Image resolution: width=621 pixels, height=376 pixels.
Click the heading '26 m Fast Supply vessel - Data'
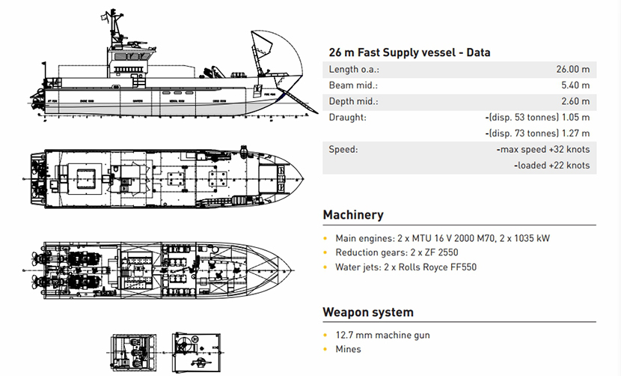409,52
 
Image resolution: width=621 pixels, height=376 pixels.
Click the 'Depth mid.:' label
354,101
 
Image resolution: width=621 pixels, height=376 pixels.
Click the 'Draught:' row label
347,118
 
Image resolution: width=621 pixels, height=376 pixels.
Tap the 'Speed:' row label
343,149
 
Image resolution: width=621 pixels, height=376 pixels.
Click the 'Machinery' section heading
353,215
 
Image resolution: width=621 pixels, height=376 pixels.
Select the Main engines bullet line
442,238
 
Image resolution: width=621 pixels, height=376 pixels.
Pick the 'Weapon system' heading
368,312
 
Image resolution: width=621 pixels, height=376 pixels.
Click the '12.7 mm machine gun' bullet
382,335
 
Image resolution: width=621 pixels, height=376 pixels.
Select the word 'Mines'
348,349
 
